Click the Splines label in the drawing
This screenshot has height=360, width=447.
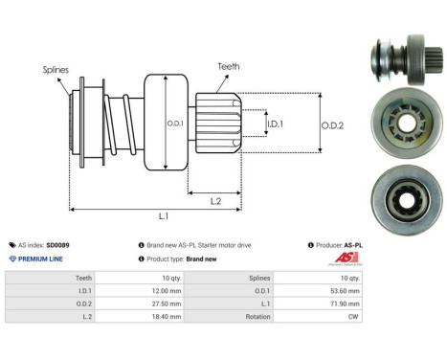click(x=56, y=70)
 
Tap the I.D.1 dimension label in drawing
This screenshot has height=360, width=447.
click(x=274, y=124)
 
